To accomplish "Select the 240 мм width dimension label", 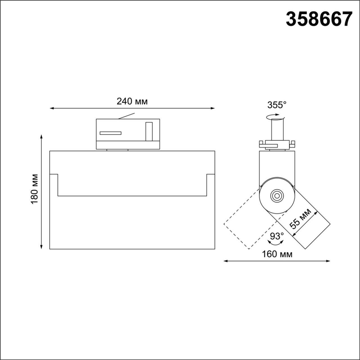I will click(x=132, y=101).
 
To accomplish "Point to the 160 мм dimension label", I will click(x=277, y=254).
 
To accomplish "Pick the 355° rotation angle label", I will click(x=277, y=105).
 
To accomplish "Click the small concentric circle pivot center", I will click(x=277, y=196).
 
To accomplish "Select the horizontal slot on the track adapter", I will click(x=111, y=133).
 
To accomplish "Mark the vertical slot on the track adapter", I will click(x=149, y=131).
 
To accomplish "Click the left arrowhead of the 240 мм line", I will click(x=51, y=108).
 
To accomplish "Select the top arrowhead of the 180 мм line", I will click(x=42, y=137).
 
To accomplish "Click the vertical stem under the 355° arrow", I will click(x=276, y=130).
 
